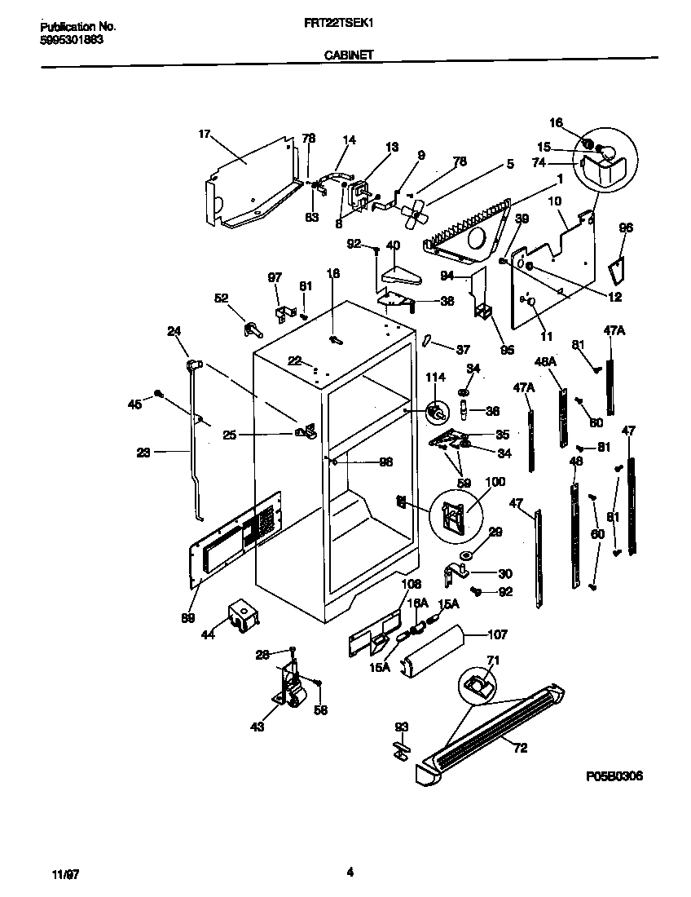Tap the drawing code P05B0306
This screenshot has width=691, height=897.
pos(614,776)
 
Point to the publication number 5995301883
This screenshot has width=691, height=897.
pos(72,38)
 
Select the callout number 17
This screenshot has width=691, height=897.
pos(205,134)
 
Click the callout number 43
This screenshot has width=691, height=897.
pos(257,727)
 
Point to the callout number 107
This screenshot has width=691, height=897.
pos(497,634)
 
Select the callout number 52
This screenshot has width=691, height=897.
pos(222,298)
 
